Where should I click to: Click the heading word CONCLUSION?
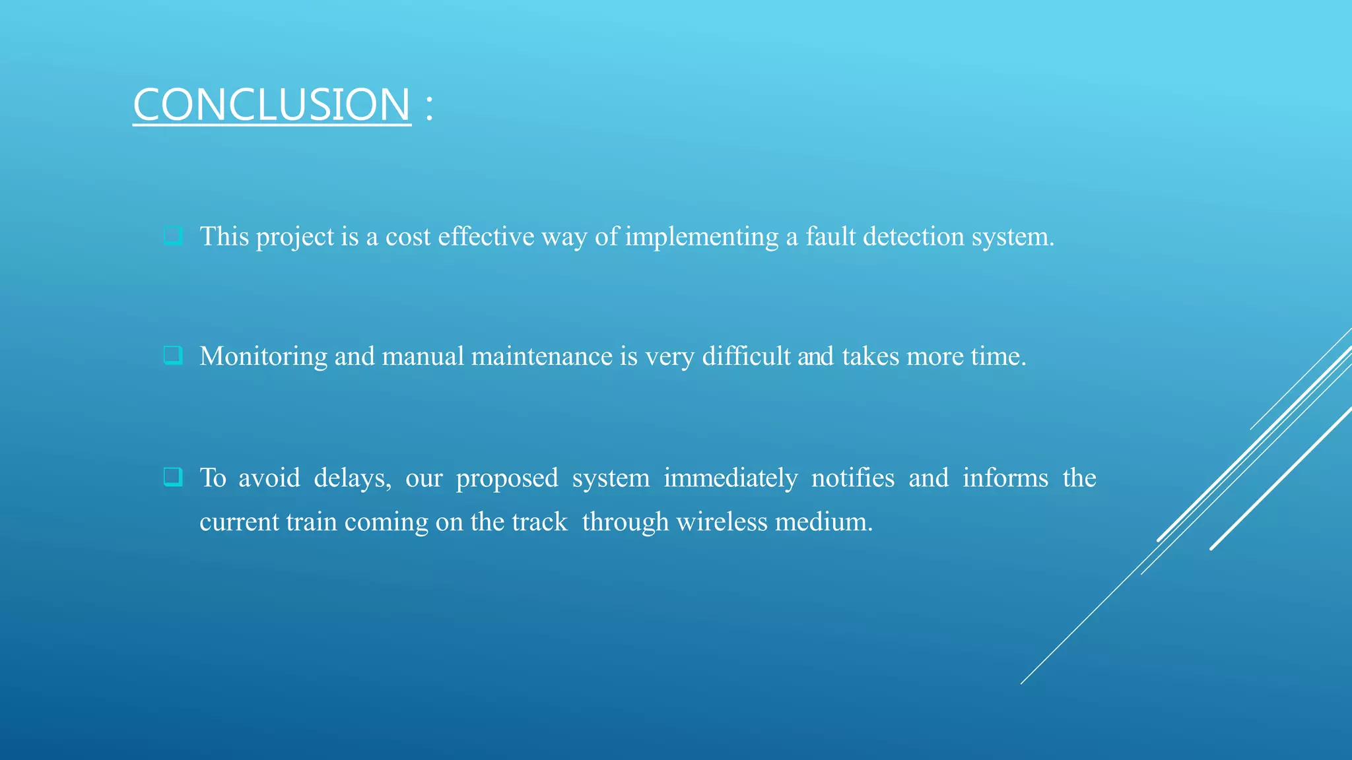tap(271, 105)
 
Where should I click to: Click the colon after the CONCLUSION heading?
tap(429, 107)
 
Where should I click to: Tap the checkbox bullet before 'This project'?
tap(173, 236)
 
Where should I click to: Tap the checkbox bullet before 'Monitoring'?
tap(173, 356)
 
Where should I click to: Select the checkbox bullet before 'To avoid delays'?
tap(173, 476)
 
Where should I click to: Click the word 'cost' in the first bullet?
tap(407, 236)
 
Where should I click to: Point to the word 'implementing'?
tap(701, 236)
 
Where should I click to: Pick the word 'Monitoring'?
tap(263, 356)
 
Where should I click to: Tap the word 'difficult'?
tap(745, 356)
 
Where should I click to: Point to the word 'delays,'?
tap(352, 478)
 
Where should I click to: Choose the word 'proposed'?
tap(506, 478)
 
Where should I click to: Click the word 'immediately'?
tap(730, 478)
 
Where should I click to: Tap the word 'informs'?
tap(1005, 478)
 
